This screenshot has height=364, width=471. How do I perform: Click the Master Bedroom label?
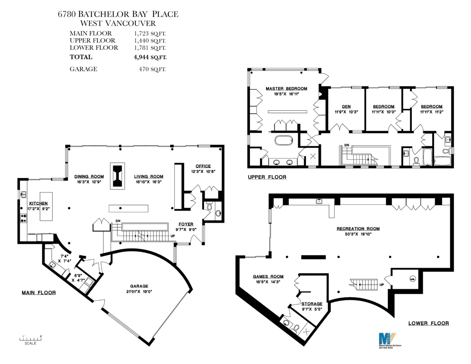pos(286,89)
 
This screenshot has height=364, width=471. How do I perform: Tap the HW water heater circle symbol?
pos(412,279)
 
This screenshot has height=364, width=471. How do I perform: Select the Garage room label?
pos(137,286)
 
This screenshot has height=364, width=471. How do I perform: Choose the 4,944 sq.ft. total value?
pos(150,57)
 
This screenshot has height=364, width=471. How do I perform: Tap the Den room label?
pos(346,106)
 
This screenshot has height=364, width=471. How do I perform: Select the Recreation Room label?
pos(358,229)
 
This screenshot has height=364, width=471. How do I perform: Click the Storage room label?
pos(312,304)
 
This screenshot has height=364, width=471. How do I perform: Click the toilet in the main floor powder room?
pos(209,206)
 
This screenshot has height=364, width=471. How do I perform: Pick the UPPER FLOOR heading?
pos(267,177)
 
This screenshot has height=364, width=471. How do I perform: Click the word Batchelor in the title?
pos(103,15)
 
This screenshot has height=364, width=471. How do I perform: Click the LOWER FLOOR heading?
pos(428,323)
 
